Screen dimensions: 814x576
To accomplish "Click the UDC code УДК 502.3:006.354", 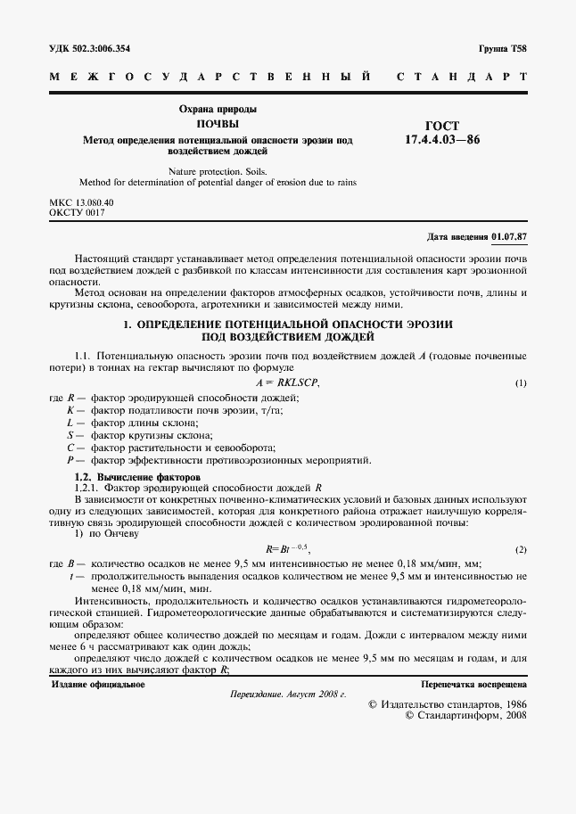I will click(96, 48).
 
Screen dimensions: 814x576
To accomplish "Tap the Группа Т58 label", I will click(503, 48).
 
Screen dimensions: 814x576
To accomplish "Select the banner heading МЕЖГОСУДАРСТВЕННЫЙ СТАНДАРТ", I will click(287, 78).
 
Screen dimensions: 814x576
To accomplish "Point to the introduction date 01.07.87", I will click(508, 237).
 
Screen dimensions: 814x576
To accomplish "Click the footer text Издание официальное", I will click(98, 685).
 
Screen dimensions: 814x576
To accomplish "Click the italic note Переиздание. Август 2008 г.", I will click(287, 694).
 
